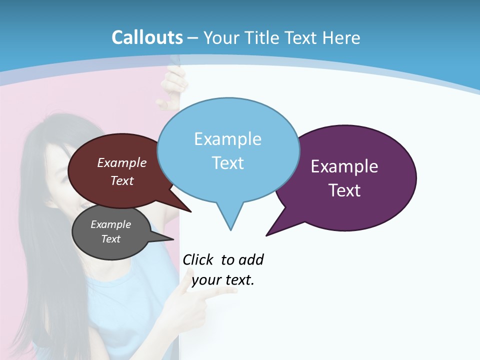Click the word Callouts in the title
[147, 37]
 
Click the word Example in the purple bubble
[344, 166]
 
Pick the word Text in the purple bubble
[344, 190]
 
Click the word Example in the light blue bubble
[227, 139]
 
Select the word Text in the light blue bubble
[228, 163]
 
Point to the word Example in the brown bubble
[122, 163]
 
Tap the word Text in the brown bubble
[122, 181]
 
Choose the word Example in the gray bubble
[111, 224]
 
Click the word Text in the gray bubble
[111, 239]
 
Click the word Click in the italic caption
[199, 259]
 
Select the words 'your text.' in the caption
[223, 280]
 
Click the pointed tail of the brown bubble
[190, 211]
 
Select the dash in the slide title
[193, 38]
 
